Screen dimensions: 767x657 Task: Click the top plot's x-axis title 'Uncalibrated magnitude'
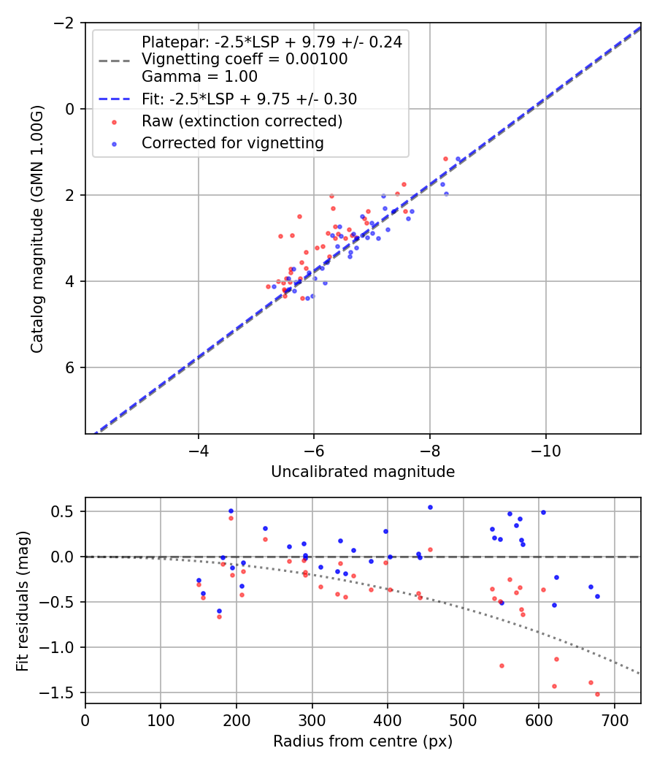coord(363,472)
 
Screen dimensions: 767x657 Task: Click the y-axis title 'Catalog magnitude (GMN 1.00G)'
coord(36,229)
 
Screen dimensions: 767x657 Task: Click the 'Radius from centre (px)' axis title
coord(363,741)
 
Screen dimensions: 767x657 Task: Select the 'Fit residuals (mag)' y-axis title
coord(23,600)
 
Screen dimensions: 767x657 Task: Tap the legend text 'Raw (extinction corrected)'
coord(242,121)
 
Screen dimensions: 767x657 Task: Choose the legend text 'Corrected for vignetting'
coord(232,143)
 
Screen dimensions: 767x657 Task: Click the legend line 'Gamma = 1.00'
coord(199,76)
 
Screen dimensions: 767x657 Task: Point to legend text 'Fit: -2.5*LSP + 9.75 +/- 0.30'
coord(249,99)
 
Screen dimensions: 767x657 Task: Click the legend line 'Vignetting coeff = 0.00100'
coord(245,59)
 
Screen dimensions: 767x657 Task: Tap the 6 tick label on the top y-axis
coord(71,367)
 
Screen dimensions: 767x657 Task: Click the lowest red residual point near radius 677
coord(597,694)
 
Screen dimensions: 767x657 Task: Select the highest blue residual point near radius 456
coord(430,507)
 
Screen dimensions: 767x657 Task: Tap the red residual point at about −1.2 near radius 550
coord(502,665)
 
